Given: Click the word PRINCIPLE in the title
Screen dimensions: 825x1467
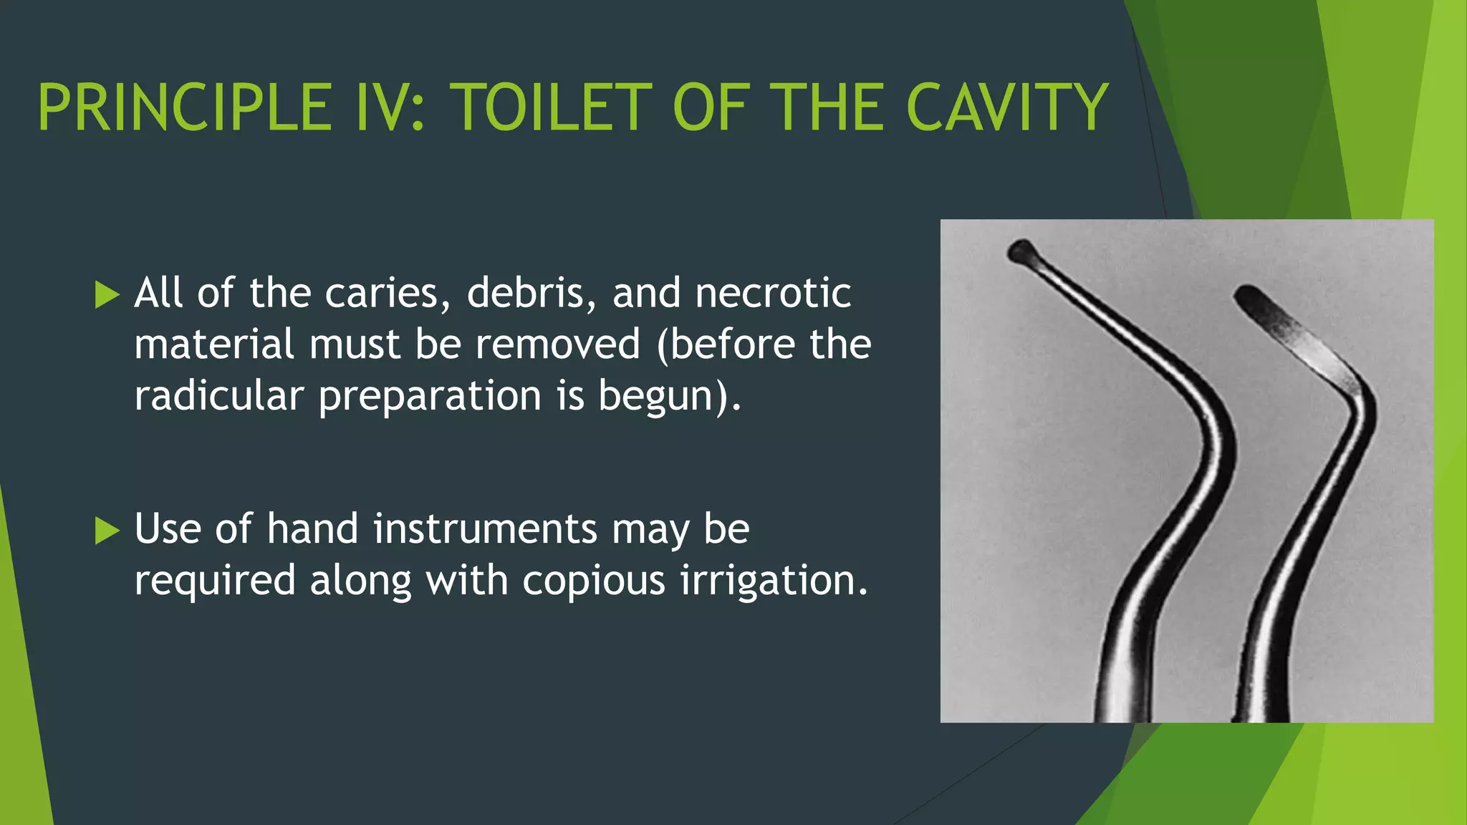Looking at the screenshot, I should click(183, 107).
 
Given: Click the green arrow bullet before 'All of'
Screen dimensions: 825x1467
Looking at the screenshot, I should click(107, 294).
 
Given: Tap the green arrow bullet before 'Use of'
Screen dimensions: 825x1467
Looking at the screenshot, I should click(107, 531).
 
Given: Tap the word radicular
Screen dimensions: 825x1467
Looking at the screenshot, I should click(218, 395).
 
